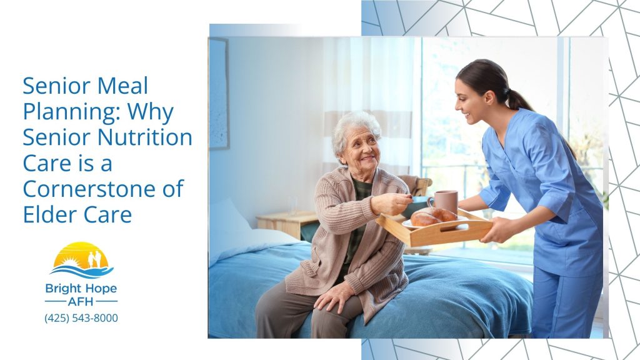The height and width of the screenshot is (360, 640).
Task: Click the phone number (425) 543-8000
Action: point(81,318)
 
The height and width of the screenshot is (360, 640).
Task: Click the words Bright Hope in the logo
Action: point(81,289)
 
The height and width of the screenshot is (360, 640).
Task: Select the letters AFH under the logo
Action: point(81,301)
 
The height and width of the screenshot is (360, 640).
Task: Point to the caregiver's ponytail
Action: point(519,99)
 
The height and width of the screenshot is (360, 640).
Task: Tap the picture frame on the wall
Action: point(219,94)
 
